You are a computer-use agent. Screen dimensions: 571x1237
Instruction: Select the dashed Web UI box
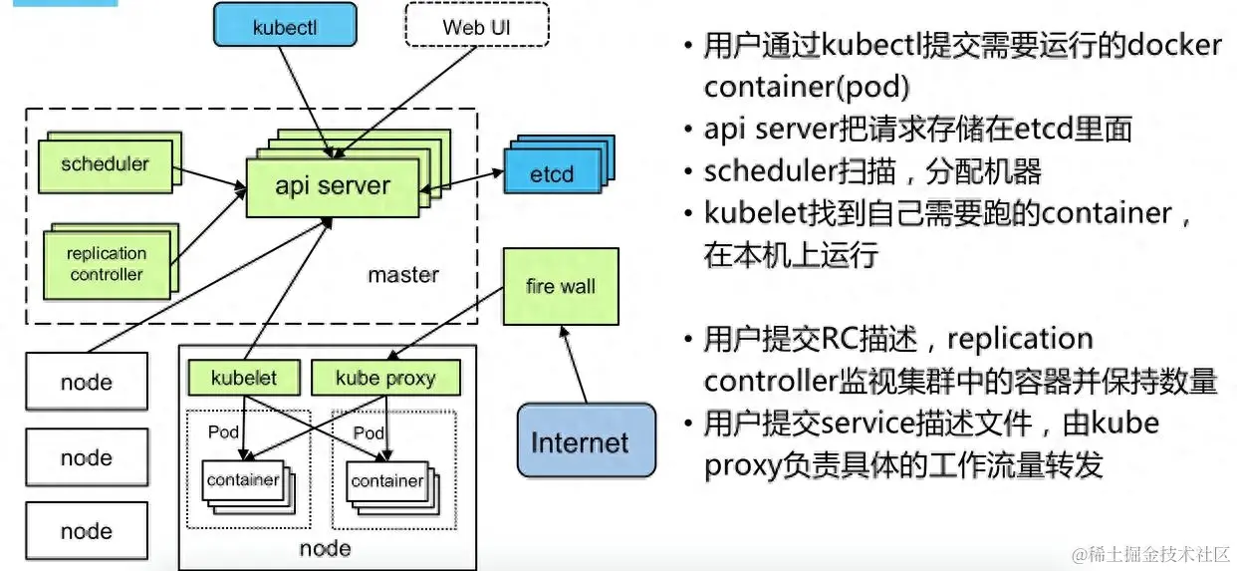coord(477,27)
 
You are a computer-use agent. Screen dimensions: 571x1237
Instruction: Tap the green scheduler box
coord(105,164)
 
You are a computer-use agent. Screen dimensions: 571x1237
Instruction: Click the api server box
coord(333,185)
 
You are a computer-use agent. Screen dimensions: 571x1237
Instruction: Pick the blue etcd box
coord(551,174)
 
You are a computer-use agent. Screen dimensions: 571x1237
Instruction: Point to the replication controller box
coord(106,264)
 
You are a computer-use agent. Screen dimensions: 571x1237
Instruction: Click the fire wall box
coord(561,287)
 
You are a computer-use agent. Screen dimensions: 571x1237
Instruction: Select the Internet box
coord(580,442)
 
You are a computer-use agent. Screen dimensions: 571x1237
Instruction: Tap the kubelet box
coord(243,379)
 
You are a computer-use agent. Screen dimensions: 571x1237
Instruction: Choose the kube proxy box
coord(385,379)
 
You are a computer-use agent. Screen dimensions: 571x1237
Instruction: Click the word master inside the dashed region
coord(403,275)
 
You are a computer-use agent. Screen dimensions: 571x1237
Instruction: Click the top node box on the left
coord(87,382)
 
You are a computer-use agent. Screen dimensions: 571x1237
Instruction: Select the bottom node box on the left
coord(87,531)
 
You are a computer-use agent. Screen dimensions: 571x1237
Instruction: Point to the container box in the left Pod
coord(242,481)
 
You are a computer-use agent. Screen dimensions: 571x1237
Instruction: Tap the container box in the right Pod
coord(386,481)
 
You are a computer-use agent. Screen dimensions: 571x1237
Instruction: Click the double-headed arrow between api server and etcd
coord(461,180)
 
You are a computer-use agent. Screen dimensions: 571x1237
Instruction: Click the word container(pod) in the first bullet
coord(806,88)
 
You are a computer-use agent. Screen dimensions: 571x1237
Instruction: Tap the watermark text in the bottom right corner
coord(1149,553)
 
